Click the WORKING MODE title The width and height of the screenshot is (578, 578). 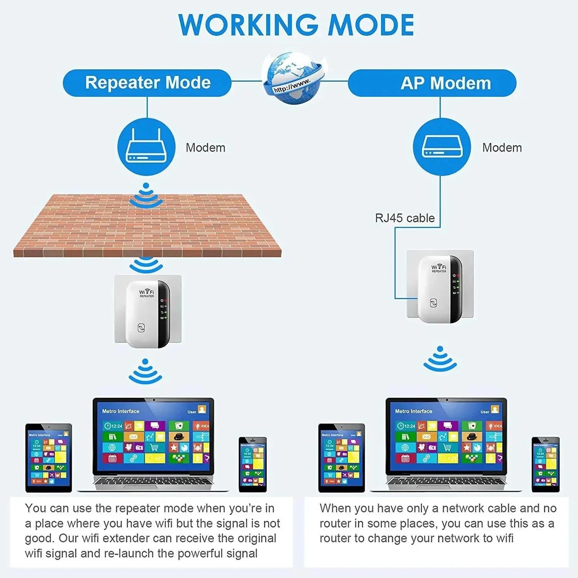[x=296, y=25]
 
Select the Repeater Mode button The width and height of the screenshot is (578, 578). [x=147, y=83]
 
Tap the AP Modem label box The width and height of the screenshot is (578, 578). [x=432, y=83]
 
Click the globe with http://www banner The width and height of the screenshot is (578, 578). [x=294, y=78]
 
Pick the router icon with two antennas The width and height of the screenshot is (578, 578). [x=146, y=147]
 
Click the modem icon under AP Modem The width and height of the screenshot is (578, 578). [x=442, y=147]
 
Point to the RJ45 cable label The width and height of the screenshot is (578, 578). [x=404, y=218]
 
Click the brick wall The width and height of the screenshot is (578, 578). [x=147, y=228]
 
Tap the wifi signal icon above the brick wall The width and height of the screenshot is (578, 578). [x=146, y=196]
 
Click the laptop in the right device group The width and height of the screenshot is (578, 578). [x=446, y=444]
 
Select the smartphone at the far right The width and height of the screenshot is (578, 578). [x=546, y=464]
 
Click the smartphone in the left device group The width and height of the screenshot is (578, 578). [x=253, y=464]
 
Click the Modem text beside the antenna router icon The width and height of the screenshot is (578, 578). [x=205, y=148]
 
